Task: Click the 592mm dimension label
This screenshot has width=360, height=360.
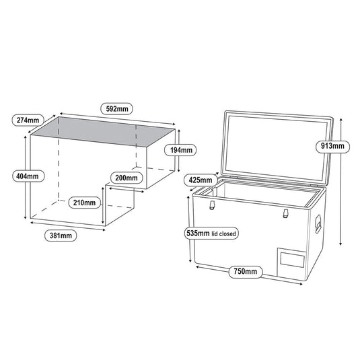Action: (x=117, y=108)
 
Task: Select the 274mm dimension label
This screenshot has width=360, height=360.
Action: (x=28, y=120)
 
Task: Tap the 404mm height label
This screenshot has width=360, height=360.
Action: (x=28, y=176)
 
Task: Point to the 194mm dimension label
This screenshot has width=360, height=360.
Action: (x=181, y=150)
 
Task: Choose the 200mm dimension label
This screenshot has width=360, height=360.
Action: (x=127, y=178)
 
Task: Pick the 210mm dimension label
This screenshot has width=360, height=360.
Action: (x=85, y=203)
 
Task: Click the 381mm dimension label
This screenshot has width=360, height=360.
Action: (x=61, y=236)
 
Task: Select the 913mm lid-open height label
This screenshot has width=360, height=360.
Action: (x=332, y=146)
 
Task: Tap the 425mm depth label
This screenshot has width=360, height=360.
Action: (x=201, y=180)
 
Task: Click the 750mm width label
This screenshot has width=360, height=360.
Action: (x=246, y=272)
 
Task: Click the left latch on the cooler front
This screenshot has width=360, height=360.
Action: (x=212, y=205)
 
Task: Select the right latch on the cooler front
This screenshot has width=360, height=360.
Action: (x=285, y=213)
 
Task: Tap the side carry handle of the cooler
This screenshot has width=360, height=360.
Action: (x=318, y=224)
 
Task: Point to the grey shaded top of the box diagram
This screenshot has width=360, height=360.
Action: (x=103, y=132)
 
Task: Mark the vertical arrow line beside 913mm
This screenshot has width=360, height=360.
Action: (x=341, y=182)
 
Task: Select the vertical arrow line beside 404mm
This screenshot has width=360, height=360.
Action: (x=26, y=177)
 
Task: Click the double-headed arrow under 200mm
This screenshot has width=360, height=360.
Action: (x=127, y=190)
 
